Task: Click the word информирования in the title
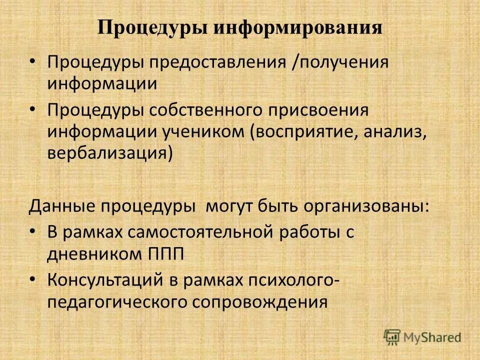[x=298, y=27]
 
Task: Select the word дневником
[x=94, y=253]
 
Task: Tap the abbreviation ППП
[x=166, y=253]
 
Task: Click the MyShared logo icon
[x=392, y=337]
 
